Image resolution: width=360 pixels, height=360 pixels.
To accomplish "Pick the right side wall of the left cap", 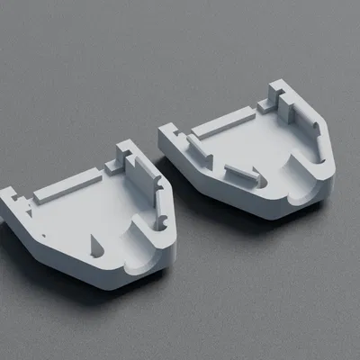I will pyautogui.click(x=162, y=202).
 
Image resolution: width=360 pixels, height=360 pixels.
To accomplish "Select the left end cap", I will pyautogui.click(x=90, y=216).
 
